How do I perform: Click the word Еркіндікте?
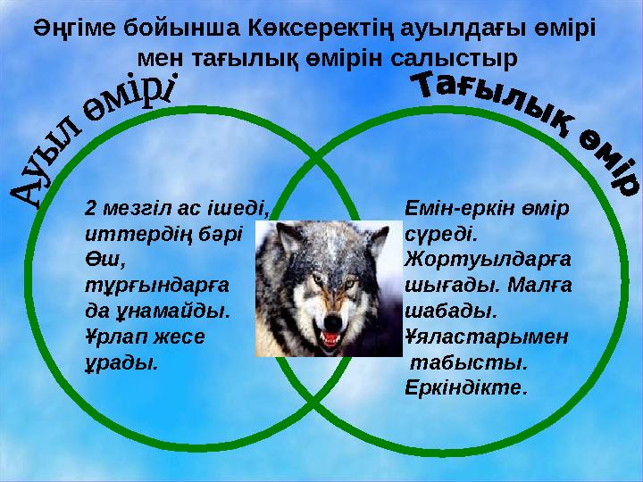click(466, 390)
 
